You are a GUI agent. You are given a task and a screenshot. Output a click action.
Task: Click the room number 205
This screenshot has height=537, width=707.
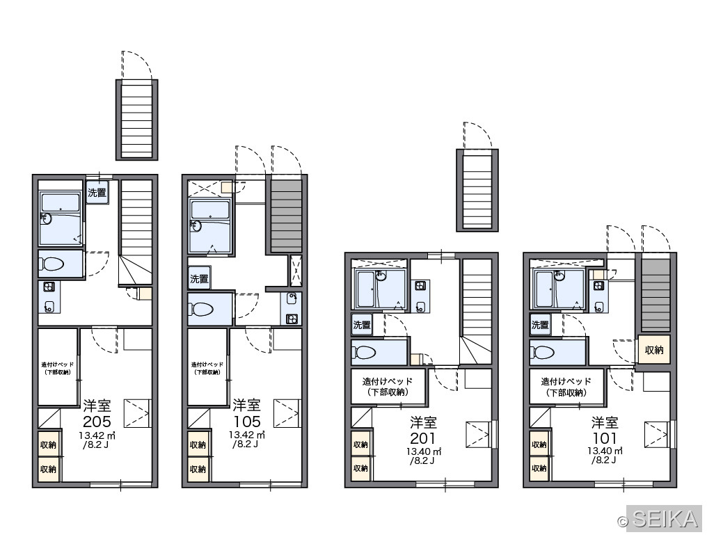click(97, 422)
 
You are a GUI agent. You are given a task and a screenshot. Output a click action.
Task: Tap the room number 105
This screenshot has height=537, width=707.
click(246, 422)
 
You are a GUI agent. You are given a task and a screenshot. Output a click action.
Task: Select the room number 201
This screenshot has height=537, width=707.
click(422, 438)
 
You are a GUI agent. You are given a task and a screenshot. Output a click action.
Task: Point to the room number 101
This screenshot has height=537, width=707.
click(604, 438)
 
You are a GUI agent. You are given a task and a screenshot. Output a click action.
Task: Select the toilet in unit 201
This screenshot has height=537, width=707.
click(364, 352)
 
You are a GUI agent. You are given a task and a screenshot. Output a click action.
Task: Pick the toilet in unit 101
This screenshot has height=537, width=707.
click(542, 352)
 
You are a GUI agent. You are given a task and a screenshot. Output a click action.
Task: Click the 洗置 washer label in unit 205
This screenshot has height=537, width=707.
click(97, 193)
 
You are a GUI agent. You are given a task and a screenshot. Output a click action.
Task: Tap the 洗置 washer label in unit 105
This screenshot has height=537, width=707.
click(199, 279)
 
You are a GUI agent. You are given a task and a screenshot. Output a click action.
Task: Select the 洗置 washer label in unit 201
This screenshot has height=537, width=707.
click(362, 325)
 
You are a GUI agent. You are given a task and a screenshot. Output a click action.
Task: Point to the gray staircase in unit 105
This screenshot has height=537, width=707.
click(286, 216)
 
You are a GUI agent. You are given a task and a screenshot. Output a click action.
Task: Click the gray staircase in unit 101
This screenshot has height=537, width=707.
click(656, 296)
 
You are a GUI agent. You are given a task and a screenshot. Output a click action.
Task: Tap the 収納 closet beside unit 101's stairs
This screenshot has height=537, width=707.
click(654, 350)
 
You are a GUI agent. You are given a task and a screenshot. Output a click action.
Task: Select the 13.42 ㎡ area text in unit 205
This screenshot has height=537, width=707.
click(97, 435)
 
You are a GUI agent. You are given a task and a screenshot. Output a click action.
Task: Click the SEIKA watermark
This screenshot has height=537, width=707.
click(665, 518)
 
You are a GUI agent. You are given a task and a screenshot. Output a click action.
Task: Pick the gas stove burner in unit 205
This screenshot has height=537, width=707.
click(49, 287)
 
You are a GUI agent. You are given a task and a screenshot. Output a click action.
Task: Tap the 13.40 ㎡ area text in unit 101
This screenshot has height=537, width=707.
click(605, 451)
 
